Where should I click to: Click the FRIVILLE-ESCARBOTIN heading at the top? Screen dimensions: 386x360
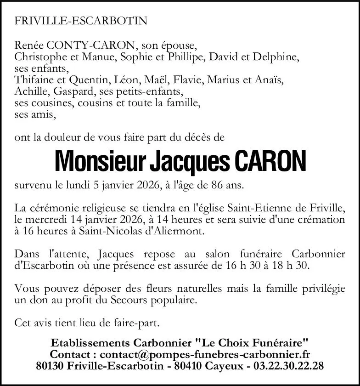pos(81,21)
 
